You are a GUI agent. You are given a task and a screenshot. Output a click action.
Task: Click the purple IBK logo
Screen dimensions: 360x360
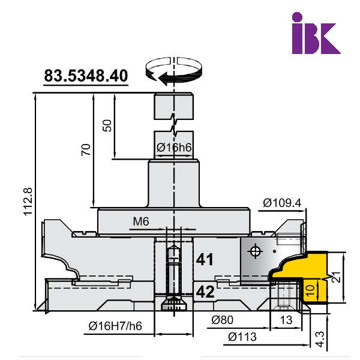(x=316, y=33)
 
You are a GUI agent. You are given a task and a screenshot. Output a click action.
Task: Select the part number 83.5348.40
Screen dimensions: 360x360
(x=86, y=76)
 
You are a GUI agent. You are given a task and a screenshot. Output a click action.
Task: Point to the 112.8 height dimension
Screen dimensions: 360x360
(x=28, y=202)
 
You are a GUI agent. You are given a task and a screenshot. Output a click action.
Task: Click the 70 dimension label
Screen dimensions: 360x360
(x=86, y=149)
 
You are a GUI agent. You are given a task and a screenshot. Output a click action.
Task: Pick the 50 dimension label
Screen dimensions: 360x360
(x=107, y=125)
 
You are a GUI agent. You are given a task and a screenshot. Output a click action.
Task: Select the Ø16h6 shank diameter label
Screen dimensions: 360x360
(x=174, y=148)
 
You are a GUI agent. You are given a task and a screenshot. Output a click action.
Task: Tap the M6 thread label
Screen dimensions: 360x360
(x=141, y=221)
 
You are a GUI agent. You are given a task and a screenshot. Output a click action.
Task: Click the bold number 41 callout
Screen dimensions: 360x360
(x=205, y=259)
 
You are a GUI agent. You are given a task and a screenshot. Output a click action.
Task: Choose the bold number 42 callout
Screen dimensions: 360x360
(x=205, y=292)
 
